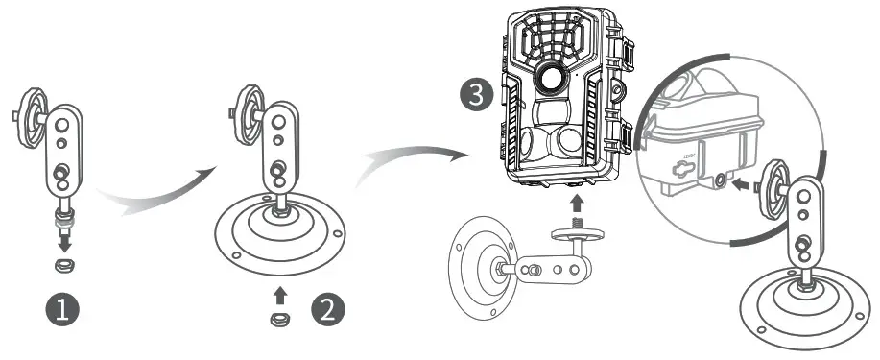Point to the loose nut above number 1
coord(66,264)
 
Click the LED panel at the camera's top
coord(554,37)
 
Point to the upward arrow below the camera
coord(576,204)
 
